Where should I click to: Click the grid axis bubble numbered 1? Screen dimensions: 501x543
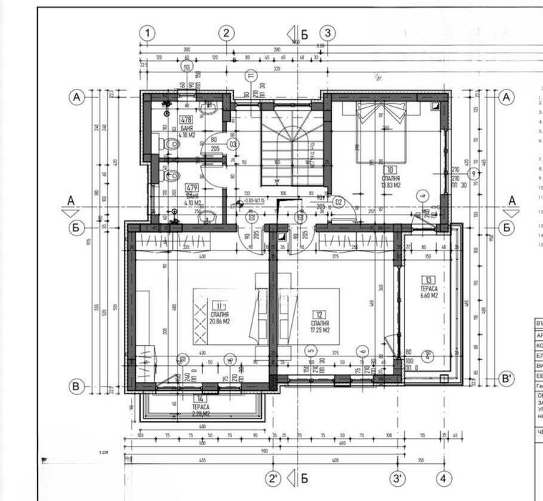[x=147, y=32]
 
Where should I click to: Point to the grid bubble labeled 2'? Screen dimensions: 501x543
[x=273, y=478]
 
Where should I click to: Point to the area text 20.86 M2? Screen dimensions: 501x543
[x=220, y=321]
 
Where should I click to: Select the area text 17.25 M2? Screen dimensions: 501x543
[x=320, y=330]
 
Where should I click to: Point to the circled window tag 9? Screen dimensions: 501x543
[x=472, y=174]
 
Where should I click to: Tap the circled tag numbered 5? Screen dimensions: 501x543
[x=310, y=350]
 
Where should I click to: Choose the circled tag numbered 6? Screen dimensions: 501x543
[x=363, y=350]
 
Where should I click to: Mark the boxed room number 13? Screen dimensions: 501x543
[x=428, y=280]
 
